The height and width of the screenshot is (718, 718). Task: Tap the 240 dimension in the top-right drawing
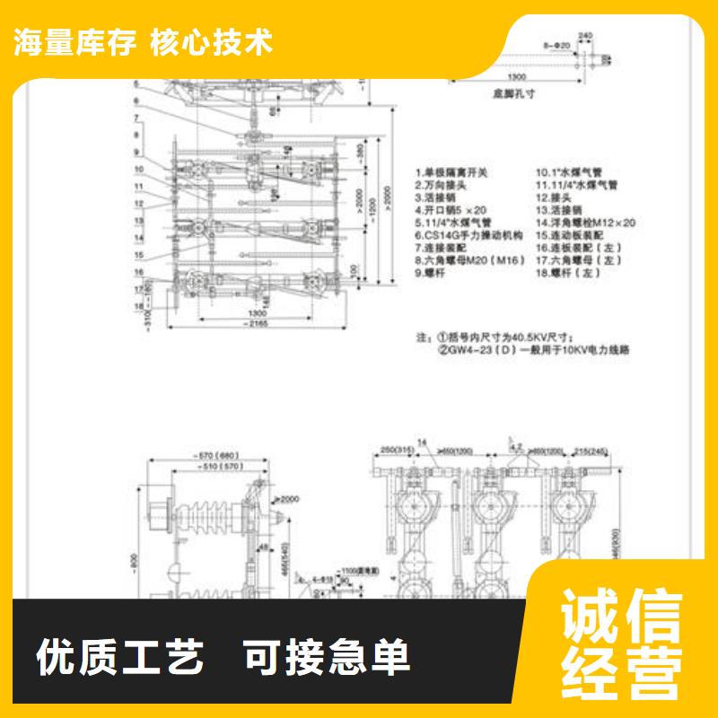pyautogui.click(x=584, y=36)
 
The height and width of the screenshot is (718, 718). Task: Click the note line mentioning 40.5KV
pyautogui.click(x=507, y=337)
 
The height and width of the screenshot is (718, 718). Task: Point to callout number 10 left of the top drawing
pyautogui.click(x=139, y=169)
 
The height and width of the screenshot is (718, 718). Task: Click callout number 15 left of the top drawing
pyautogui.click(x=139, y=254)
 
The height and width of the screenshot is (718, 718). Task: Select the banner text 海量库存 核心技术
pyautogui.click(x=143, y=42)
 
